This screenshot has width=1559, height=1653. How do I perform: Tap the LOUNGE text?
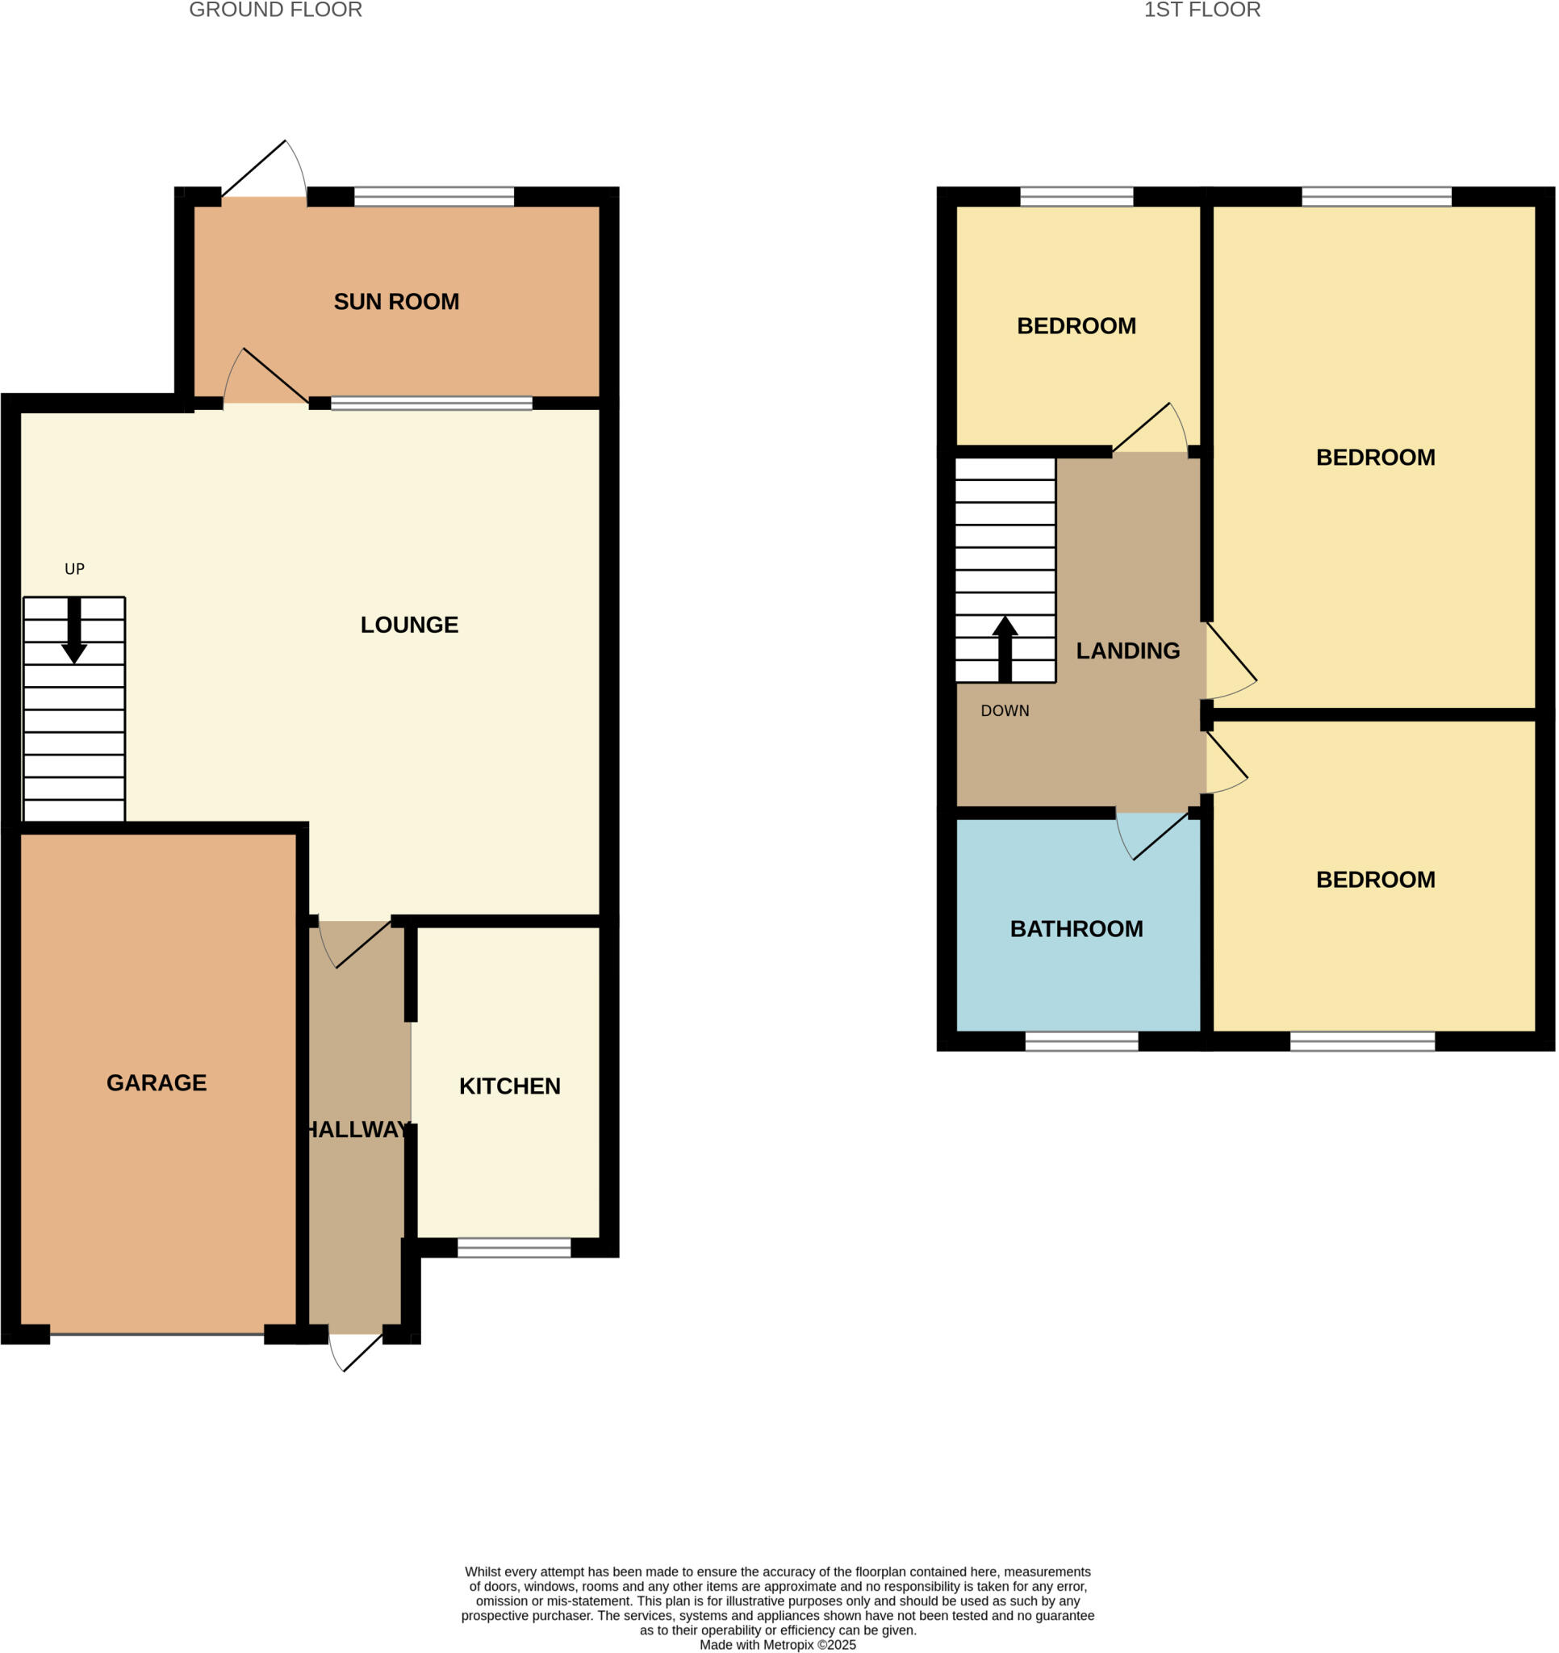tap(409, 626)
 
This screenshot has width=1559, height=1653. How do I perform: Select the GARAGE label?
tap(157, 1082)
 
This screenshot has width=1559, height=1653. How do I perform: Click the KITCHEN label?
tap(510, 1086)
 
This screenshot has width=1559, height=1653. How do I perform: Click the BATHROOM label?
tap(1076, 929)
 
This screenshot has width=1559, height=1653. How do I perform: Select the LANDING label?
tap(1127, 651)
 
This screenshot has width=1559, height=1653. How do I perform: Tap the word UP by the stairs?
tap(75, 570)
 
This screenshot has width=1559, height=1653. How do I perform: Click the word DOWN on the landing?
tap(1005, 711)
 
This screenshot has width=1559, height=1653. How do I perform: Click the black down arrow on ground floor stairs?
tap(74, 632)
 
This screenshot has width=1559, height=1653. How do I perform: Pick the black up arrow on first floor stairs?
tap(1005, 650)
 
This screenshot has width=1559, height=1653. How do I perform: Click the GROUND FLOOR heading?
tap(275, 10)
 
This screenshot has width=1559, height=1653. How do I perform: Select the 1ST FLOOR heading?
tap(1202, 10)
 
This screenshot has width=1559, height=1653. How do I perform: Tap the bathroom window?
tap(1081, 1041)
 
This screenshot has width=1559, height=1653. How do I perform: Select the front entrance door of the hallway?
tap(356, 1351)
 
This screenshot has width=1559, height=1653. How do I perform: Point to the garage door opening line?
tap(157, 1333)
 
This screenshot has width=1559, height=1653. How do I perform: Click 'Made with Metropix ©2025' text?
tap(777, 1644)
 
